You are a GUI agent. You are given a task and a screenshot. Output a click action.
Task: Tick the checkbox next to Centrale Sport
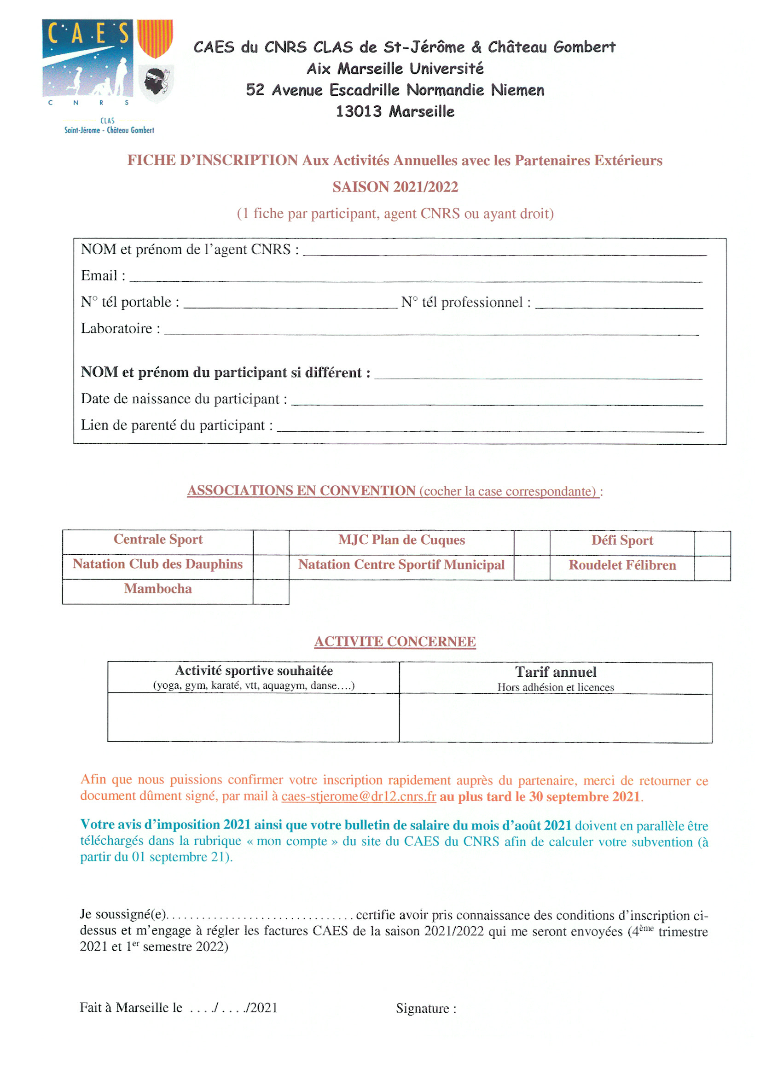pos(271,542)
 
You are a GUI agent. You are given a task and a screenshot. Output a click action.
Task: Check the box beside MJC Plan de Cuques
pos(532,543)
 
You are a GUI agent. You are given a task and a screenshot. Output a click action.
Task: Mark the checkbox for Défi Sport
pos(712,543)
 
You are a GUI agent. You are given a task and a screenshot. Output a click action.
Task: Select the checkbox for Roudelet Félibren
pos(712,568)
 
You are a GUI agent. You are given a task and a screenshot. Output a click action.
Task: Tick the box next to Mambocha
pos(271,592)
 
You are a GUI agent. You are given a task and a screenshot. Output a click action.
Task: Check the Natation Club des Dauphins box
pos(271,566)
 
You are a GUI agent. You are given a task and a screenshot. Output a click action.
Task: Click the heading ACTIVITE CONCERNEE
pos(395,641)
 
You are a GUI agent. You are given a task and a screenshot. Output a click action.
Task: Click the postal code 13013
pos(359,112)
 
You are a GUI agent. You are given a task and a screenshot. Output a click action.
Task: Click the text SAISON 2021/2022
pos(395,187)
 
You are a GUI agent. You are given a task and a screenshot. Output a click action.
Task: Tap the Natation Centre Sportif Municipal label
pos(401,564)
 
